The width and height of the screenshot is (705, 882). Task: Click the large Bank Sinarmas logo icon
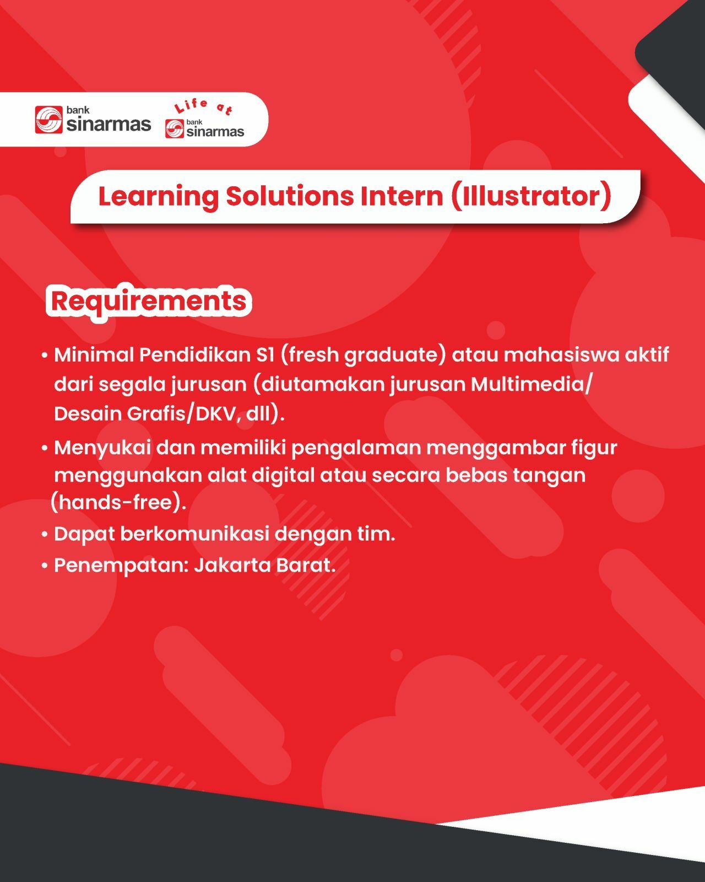[x=48, y=120]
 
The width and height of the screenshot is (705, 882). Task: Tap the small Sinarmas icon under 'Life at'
[x=175, y=128]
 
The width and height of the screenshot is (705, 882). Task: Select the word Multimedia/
[x=532, y=384]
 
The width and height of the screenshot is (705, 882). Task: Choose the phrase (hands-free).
[x=118, y=503]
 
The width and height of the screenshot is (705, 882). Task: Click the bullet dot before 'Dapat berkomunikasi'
[x=45, y=535]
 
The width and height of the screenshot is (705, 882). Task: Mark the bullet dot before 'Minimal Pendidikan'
[x=45, y=356]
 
